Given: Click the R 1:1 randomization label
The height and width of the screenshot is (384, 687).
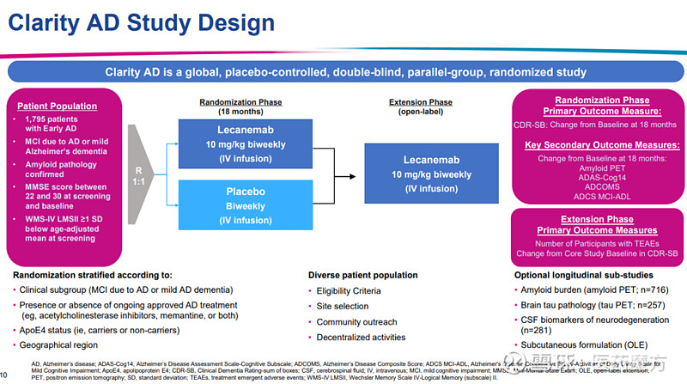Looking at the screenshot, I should [x=139, y=176].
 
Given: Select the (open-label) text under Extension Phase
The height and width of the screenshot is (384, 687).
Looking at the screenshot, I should [x=419, y=113].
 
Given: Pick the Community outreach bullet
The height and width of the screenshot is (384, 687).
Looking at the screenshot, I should [x=358, y=323].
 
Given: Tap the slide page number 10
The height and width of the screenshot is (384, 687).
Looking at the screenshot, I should [x=4, y=375].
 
